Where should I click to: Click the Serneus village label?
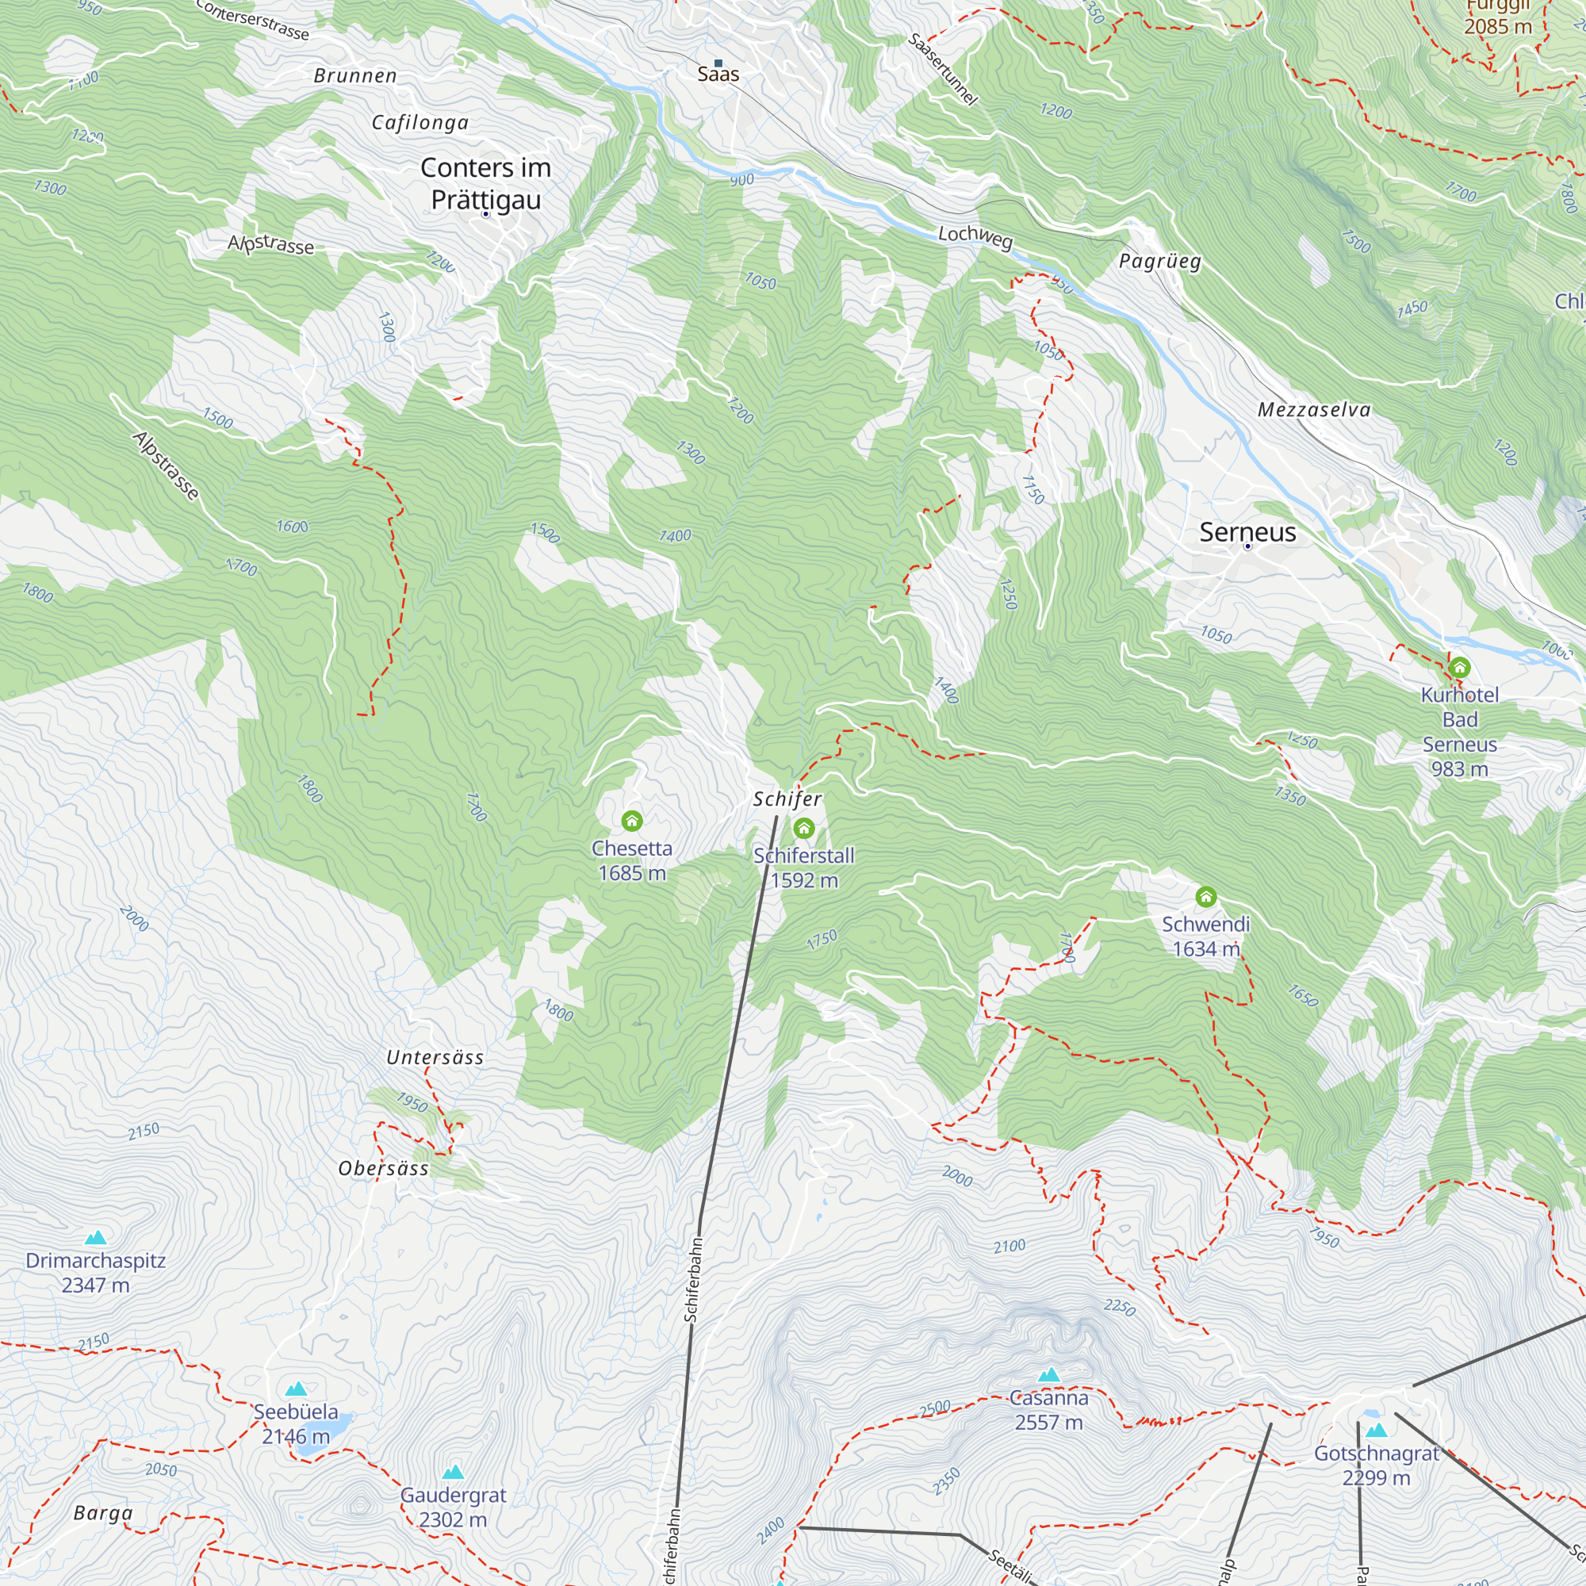coord(1247,532)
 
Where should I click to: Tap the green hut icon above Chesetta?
coord(631,820)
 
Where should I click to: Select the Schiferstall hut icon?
coord(803,829)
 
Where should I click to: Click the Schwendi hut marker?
coord(1205,896)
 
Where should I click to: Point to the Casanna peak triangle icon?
coord(1048,1374)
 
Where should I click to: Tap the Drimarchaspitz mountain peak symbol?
coord(96,1237)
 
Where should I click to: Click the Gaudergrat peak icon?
coord(452,1472)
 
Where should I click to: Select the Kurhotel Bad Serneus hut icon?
coord(1459,668)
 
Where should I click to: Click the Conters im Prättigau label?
coord(485,183)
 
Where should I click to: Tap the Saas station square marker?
coord(718,63)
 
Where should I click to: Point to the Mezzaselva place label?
coord(1313,410)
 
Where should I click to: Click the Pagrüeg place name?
coord(1159,261)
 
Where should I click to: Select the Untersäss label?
coord(435,1057)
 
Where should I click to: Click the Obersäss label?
coord(383,1168)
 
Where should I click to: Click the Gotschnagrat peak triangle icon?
coord(1377,1430)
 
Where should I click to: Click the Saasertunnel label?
coord(942,69)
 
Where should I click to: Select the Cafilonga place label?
coord(420,123)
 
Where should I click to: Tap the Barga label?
coord(102,1513)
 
